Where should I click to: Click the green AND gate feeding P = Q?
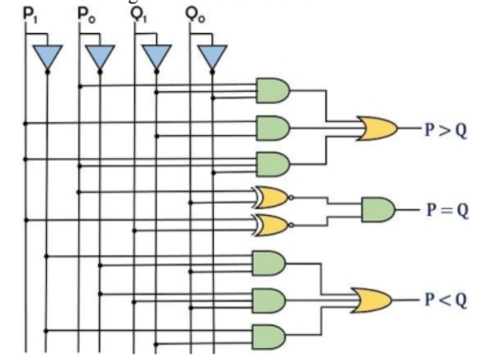point(378,209)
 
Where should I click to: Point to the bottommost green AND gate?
point(268,334)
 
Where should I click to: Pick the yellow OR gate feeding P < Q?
point(362,299)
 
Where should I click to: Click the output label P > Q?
point(446,129)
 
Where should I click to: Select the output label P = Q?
point(446,209)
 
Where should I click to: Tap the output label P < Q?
point(446,299)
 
